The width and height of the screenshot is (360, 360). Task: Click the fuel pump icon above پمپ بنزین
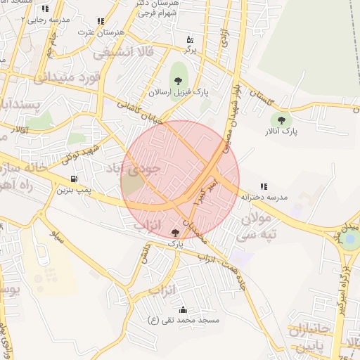tap(75, 179)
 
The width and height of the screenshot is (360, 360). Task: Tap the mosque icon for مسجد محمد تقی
tap(184, 309)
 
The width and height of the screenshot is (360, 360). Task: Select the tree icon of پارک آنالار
tap(282, 121)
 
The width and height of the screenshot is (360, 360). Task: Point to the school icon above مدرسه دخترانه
tap(264, 186)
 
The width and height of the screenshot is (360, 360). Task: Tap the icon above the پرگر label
tap(189, 39)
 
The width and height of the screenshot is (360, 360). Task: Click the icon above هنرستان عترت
tap(101, 22)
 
